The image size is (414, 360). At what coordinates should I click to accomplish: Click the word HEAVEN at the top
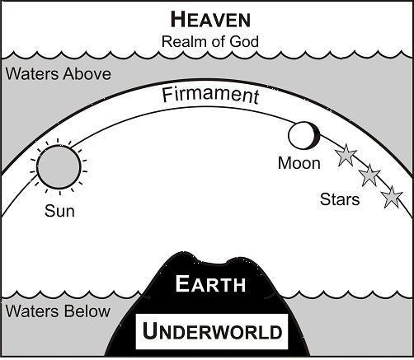(210, 20)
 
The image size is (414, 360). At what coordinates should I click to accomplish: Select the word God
(244, 42)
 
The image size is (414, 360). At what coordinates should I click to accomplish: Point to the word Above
(87, 74)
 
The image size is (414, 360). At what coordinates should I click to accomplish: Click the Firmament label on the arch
(210, 96)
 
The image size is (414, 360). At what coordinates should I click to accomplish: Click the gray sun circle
(59, 167)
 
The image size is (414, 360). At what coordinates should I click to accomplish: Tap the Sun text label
(59, 211)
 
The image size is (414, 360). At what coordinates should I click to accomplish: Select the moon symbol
(304, 136)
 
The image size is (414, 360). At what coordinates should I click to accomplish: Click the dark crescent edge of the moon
(318, 136)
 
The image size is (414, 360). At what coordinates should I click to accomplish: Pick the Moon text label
(299, 163)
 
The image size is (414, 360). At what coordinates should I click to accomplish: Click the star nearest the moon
(346, 155)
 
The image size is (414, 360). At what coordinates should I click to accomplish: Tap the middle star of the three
(369, 175)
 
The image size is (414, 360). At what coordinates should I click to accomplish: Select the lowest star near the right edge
(393, 197)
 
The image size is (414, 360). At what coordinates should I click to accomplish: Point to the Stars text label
(340, 199)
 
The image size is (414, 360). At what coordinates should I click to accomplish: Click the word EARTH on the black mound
(210, 283)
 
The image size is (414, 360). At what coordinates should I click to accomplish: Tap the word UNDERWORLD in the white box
(212, 331)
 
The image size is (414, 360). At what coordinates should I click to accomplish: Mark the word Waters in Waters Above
(32, 74)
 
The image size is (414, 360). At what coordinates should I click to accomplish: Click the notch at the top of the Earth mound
(212, 263)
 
